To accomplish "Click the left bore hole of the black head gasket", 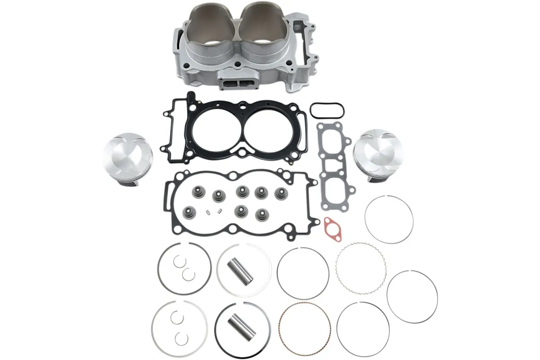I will [218, 127].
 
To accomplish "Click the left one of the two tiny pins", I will [208, 212].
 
